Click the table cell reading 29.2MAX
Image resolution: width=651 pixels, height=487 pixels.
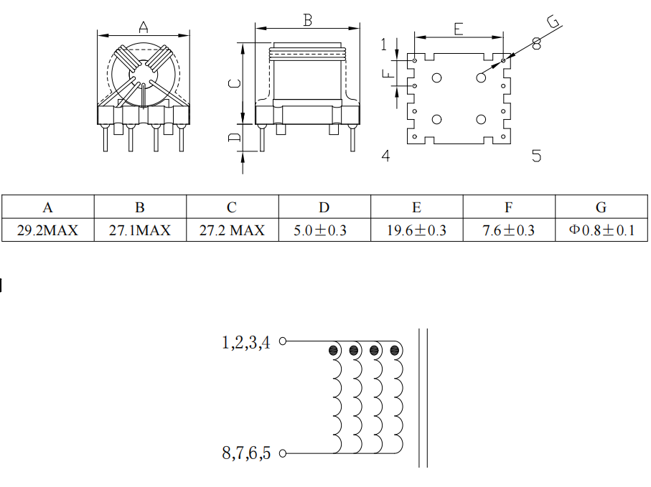pos(47,230)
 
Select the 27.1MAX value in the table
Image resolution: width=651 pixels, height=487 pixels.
pos(140,230)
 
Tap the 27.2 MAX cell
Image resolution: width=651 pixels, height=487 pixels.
pos(232,230)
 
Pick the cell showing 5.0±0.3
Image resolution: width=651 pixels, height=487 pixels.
pos(324,230)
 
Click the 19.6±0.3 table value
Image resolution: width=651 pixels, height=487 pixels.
pos(416,230)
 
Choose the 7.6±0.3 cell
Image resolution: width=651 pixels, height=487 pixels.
pos(508,230)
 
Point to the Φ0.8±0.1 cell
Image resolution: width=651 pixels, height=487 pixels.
pos(601,230)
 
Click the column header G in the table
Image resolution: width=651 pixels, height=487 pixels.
pos(601,207)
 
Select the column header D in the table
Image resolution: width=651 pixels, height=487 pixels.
pos(324,207)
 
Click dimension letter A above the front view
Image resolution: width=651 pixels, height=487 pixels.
pos(144,27)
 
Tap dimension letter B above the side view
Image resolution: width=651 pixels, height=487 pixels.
pos(307,20)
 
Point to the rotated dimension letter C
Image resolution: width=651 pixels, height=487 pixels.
pos(234,83)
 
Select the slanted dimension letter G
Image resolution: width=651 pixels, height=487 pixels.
pos(553,23)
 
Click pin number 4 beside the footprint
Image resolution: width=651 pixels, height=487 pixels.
pos(386,156)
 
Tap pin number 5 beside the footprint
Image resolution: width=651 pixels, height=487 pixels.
pos(536,156)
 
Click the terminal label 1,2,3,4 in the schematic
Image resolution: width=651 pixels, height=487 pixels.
pos(246,343)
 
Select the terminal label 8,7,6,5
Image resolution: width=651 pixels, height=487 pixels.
pos(246,453)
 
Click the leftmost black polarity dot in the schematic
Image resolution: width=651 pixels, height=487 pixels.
pos(334,351)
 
